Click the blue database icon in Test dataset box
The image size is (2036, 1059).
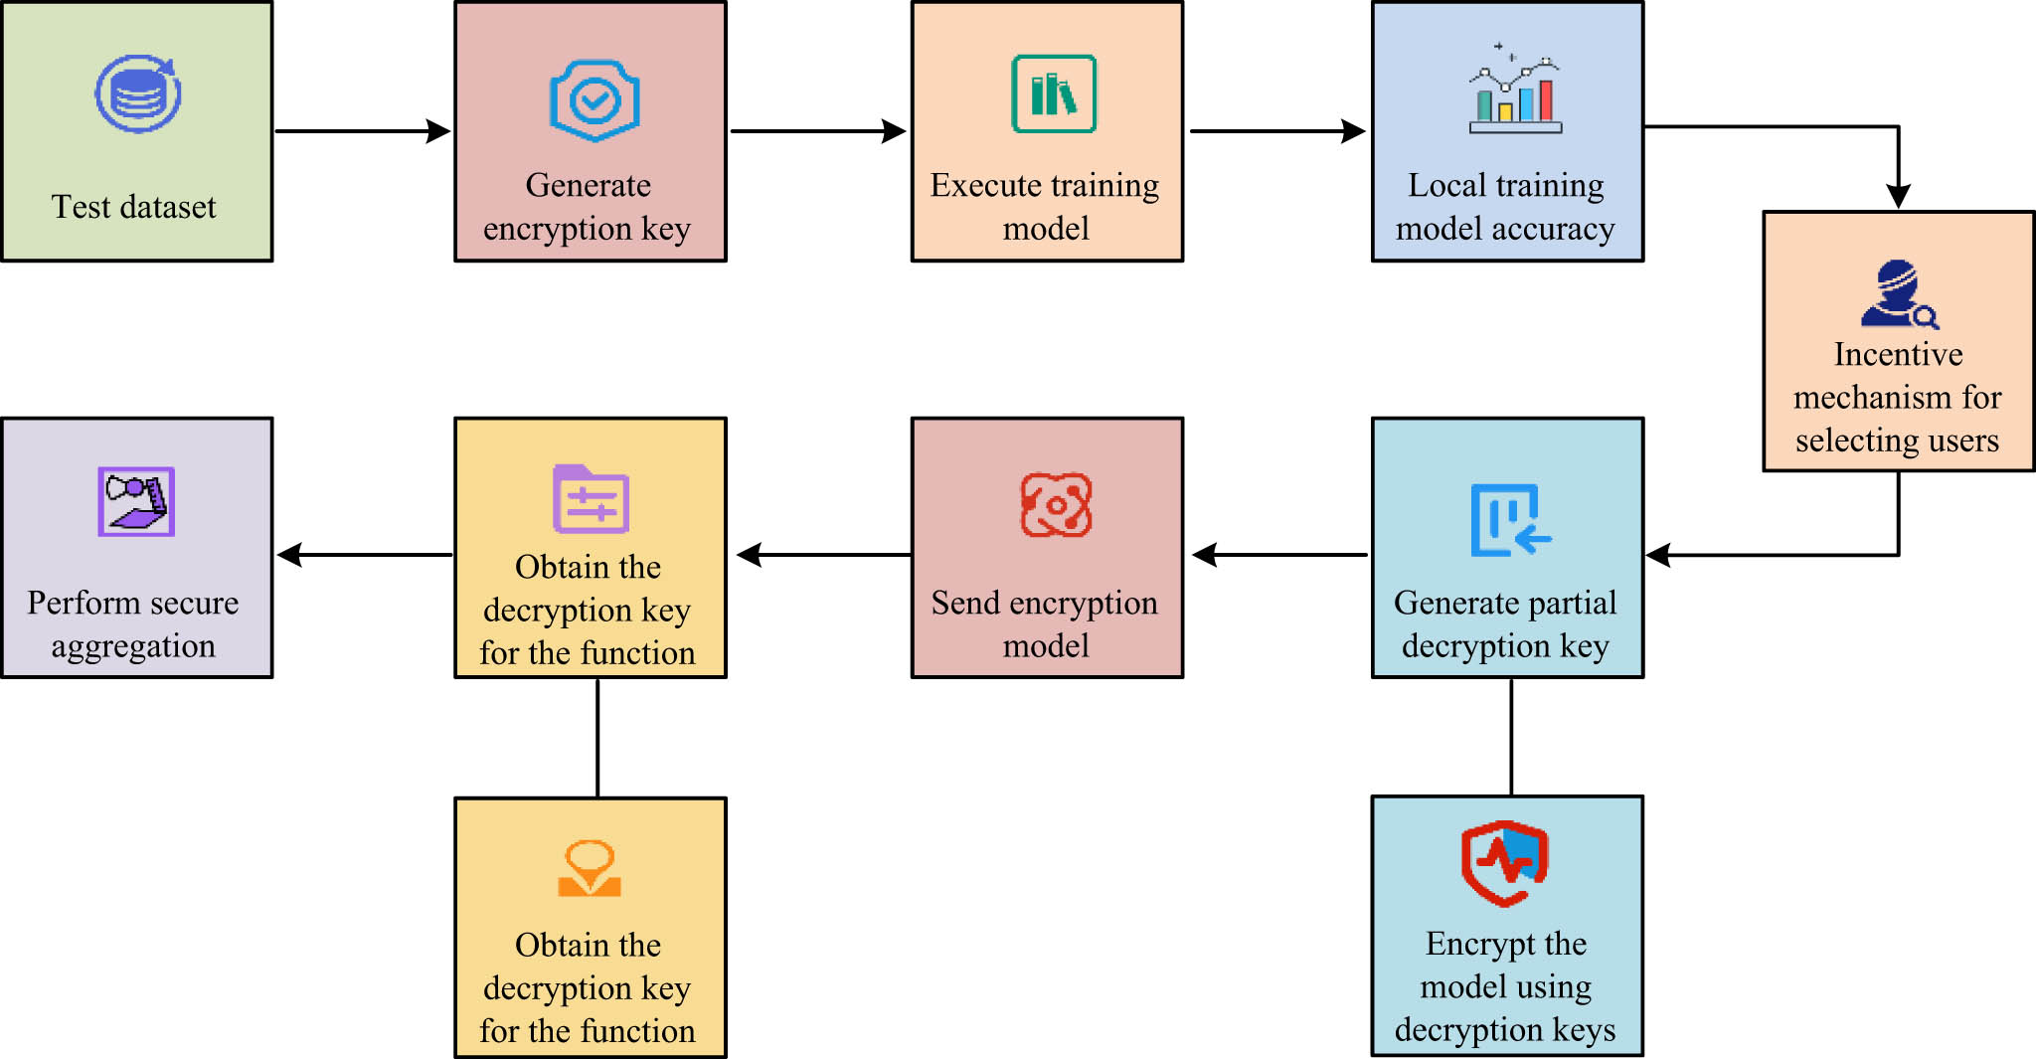click(x=138, y=94)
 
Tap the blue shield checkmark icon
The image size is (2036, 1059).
click(x=594, y=100)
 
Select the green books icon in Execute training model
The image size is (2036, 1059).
click(x=1054, y=94)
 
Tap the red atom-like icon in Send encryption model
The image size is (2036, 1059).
click(x=1056, y=505)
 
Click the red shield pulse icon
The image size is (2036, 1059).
click(x=1505, y=862)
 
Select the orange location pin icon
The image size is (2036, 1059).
click(x=590, y=868)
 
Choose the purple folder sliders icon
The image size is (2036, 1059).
click(x=591, y=499)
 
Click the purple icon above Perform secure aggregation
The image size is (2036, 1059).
click(x=136, y=501)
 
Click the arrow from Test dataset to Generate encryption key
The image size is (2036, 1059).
click(x=363, y=130)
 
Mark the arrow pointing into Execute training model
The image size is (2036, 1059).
click(x=818, y=130)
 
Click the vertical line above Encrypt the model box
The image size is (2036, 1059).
click(x=1511, y=736)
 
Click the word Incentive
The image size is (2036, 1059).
click(x=1898, y=354)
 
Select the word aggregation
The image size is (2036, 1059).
click(x=133, y=646)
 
